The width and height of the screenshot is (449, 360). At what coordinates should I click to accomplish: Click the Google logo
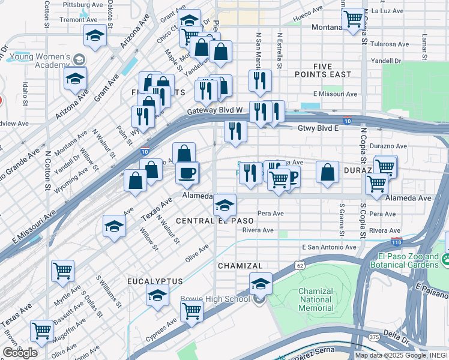(x=20, y=353)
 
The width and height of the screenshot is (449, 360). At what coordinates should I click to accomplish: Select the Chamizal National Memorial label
(x=316, y=299)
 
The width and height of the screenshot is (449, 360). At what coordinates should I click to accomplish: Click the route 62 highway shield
(x=300, y=265)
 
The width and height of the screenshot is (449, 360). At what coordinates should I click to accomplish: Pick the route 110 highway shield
(x=396, y=242)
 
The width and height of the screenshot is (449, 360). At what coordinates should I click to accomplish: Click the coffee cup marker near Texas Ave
(x=186, y=173)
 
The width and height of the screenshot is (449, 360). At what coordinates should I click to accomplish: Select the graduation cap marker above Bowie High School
(x=261, y=283)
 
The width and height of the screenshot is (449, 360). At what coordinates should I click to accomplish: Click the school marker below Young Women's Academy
(x=76, y=79)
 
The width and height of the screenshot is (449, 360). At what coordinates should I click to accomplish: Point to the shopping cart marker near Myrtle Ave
(x=62, y=271)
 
